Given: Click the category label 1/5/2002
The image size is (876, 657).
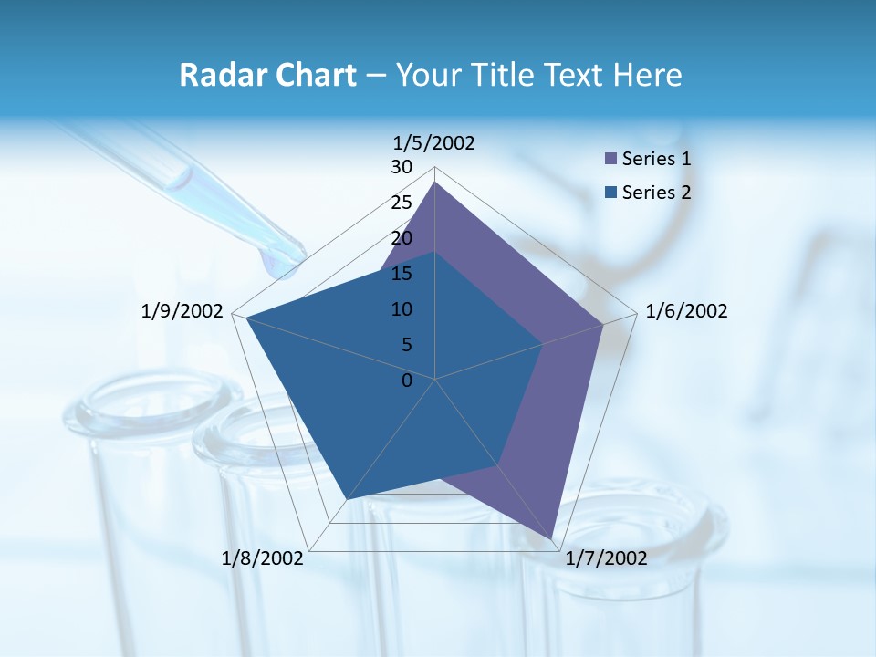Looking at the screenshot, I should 433,143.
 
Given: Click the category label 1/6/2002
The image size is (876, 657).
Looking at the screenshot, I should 686,312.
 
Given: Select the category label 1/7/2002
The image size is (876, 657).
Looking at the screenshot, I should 606,558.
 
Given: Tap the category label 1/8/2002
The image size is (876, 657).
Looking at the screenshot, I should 263,558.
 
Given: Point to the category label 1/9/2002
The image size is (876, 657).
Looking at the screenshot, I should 182,312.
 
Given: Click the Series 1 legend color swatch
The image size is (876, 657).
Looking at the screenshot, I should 611,160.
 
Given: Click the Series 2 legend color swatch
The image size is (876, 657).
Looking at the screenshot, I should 611,193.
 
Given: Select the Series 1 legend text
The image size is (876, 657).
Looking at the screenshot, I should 656,160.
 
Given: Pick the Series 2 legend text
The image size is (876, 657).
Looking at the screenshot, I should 656,193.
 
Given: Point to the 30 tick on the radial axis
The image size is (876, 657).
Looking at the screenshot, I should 401,168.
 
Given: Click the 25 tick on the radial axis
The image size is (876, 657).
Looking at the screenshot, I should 401,203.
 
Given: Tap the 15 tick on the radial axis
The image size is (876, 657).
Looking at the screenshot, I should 401,274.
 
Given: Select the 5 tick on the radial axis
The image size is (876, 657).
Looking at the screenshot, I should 406,345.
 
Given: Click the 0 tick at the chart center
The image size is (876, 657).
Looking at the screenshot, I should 407,381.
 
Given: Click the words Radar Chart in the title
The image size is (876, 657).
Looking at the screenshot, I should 267,76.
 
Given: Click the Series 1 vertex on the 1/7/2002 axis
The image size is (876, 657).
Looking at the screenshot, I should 553,538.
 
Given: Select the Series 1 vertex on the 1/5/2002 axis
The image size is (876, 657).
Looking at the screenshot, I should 435,182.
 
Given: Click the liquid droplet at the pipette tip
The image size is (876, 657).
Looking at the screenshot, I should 276,265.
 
